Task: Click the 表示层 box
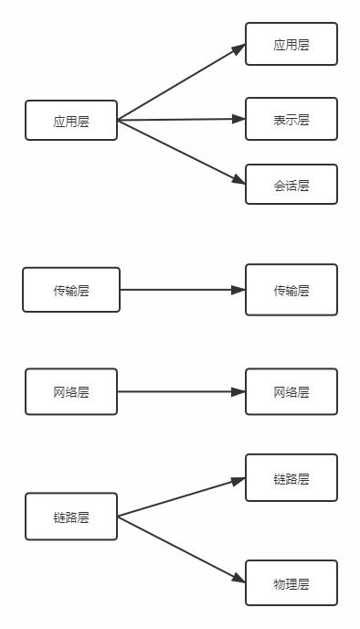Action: coord(291,119)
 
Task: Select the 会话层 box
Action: coord(291,185)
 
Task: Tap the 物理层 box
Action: coord(291,583)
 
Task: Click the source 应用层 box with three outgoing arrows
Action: coord(71,121)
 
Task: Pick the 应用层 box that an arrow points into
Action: coord(291,44)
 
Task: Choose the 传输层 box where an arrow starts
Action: coord(71,290)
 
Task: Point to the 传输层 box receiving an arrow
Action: coord(291,290)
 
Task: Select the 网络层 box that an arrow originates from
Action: coord(71,392)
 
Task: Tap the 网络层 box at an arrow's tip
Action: coord(291,392)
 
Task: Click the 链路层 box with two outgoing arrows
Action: coord(71,517)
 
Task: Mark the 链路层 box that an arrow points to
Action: coord(291,478)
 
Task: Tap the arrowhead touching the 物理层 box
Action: coord(238,580)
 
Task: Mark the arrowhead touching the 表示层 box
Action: coord(238,119)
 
